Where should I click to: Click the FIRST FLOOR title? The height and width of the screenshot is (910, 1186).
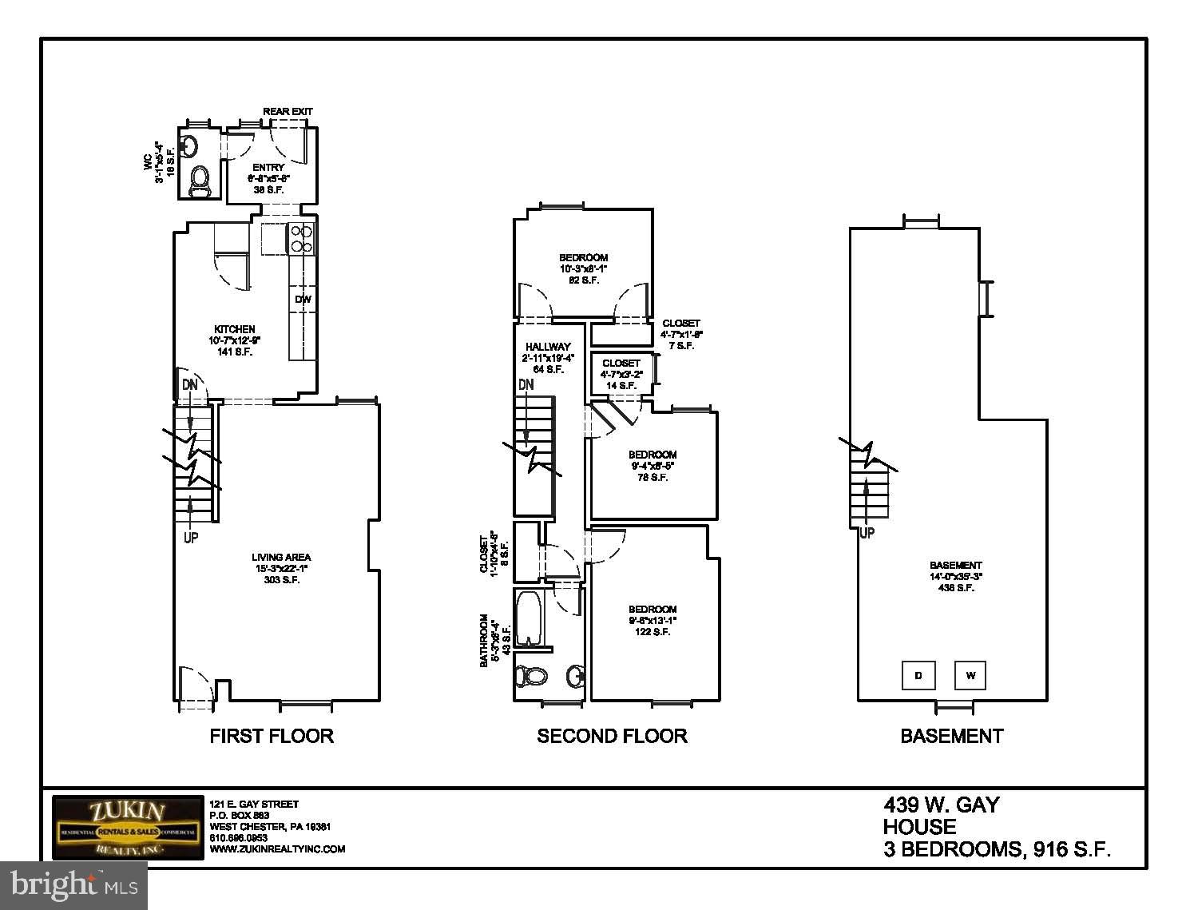pyautogui.click(x=271, y=736)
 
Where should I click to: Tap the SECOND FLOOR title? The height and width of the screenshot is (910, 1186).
pyautogui.click(x=612, y=736)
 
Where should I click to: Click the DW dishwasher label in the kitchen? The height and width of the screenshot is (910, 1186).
pyautogui.click(x=303, y=300)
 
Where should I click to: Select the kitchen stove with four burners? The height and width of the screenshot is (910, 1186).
pyautogui.click(x=301, y=238)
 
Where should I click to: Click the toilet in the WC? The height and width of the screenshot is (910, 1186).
pyautogui.click(x=199, y=180)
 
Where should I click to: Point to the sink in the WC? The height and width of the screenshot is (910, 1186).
pyautogui.click(x=189, y=145)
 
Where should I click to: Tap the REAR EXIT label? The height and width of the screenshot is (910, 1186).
pyautogui.click(x=288, y=111)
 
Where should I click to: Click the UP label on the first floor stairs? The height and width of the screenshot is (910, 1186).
pyautogui.click(x=191, y=538)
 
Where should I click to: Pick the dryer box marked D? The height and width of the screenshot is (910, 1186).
pyautogui.click(x=918, y=675)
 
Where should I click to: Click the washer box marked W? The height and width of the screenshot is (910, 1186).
pyautogui.click(x=970, y=675)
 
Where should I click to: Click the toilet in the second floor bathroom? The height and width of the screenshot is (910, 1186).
pyautogui.click(x=530, y=677)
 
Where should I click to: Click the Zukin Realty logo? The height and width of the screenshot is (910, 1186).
pyautogui.click(x=128, y=828)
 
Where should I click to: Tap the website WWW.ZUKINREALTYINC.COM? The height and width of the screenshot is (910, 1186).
pyautogui.click(x=277, y=849)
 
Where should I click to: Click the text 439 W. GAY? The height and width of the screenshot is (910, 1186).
pyautogui.click(x=941, y=805)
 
